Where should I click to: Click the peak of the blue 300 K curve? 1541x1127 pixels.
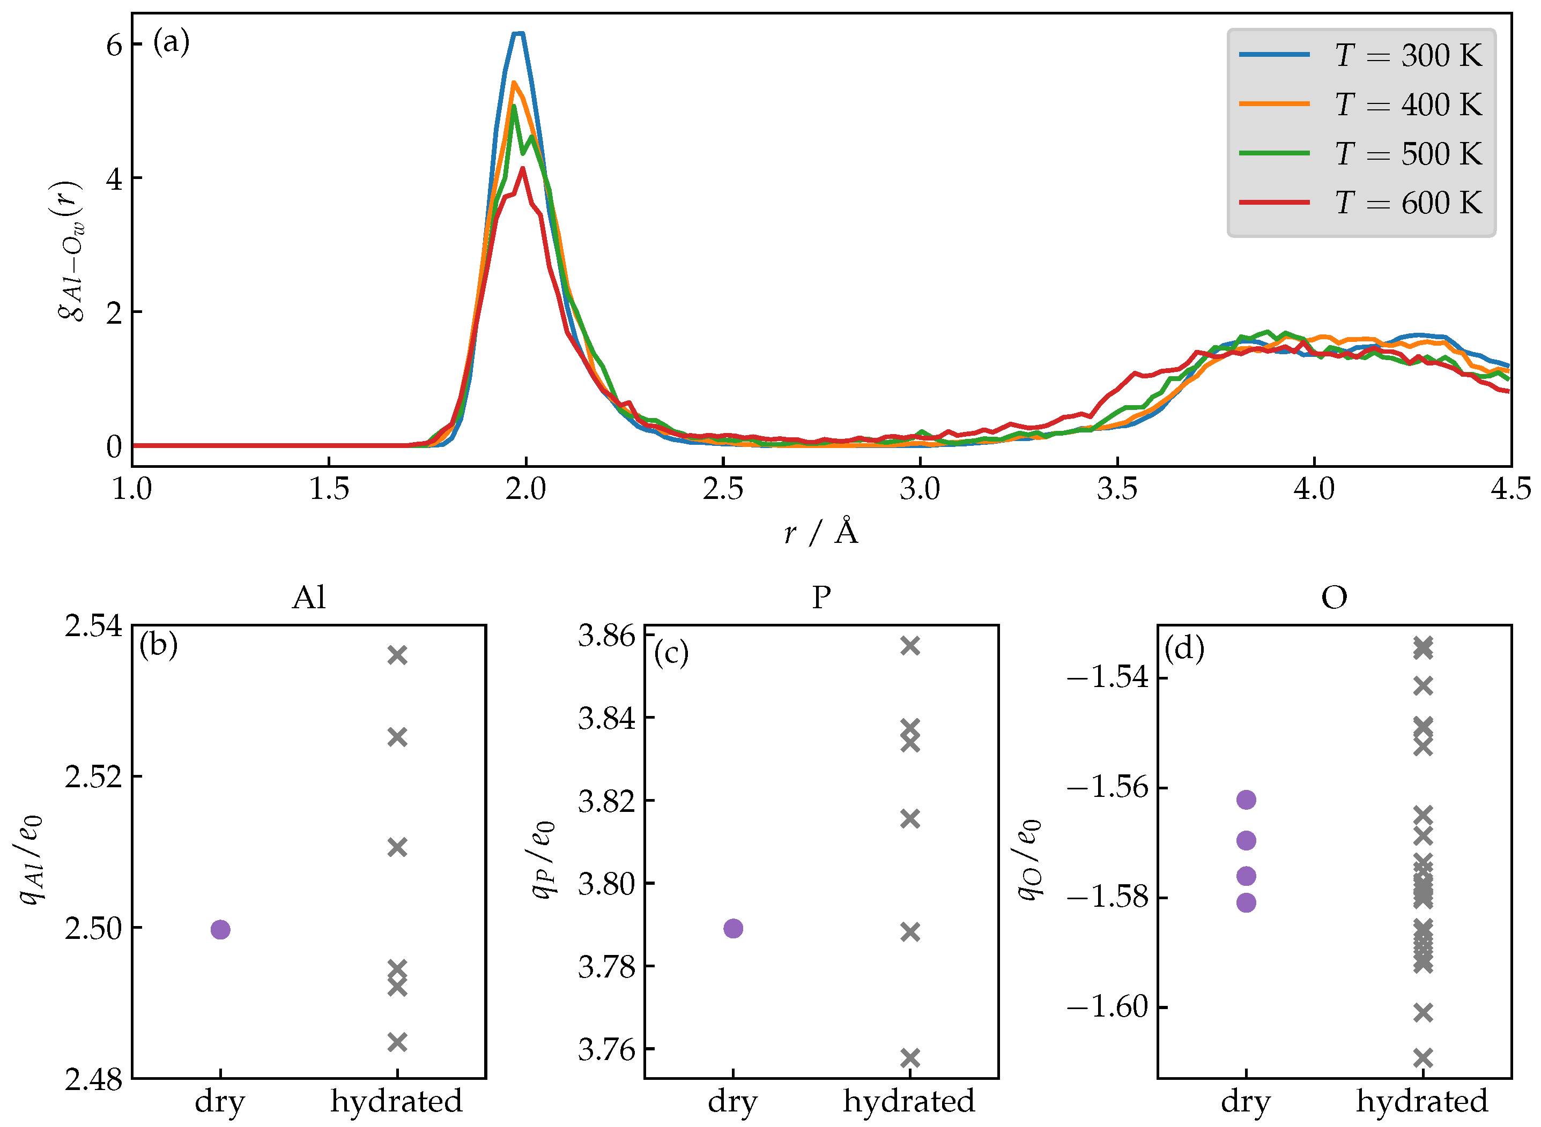518,33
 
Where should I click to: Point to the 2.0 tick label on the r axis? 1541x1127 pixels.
525,489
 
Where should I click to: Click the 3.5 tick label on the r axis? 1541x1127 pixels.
1117,489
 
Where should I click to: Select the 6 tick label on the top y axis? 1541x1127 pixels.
114,45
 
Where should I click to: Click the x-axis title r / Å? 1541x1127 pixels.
821,532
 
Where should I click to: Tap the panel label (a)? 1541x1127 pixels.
171,42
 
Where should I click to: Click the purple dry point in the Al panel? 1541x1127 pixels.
220,929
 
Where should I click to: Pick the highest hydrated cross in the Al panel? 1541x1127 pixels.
397,655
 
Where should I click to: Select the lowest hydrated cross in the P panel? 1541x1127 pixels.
910,1058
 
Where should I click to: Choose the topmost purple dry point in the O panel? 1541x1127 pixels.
1246,800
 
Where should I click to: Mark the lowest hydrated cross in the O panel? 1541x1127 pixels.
1423,1058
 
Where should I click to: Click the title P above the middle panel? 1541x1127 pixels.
821,598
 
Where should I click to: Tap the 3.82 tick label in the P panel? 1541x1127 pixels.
606,801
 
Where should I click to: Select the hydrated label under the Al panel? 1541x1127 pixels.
397,1101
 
